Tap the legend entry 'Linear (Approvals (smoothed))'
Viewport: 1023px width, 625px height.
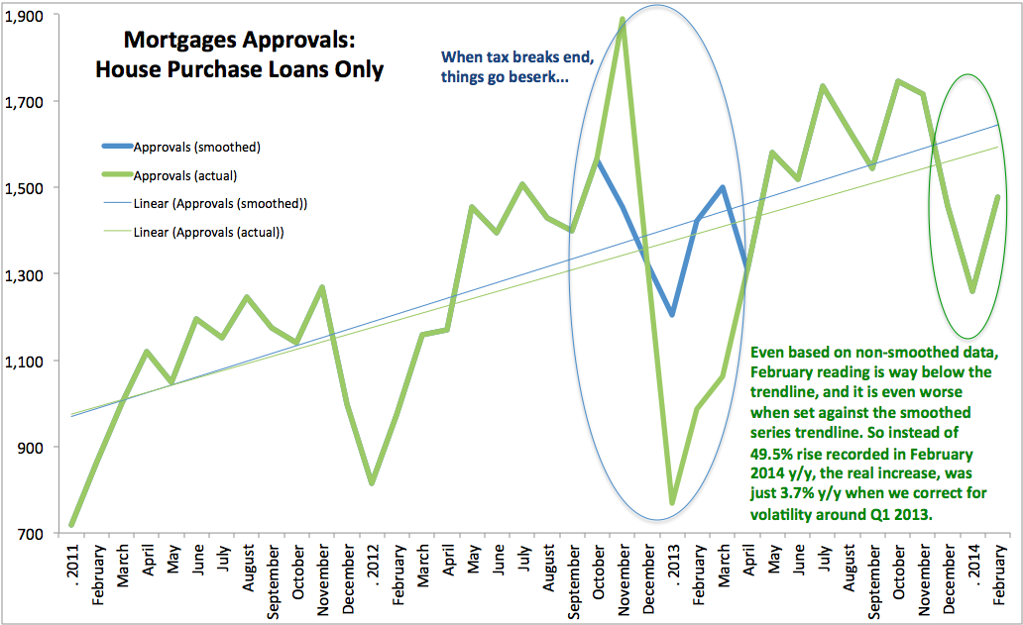pos(220,204)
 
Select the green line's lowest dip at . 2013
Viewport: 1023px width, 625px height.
pos(672,504)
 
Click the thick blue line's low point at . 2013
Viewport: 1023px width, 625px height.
pos(672,315)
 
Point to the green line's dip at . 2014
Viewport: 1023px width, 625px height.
pos(972,291)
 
